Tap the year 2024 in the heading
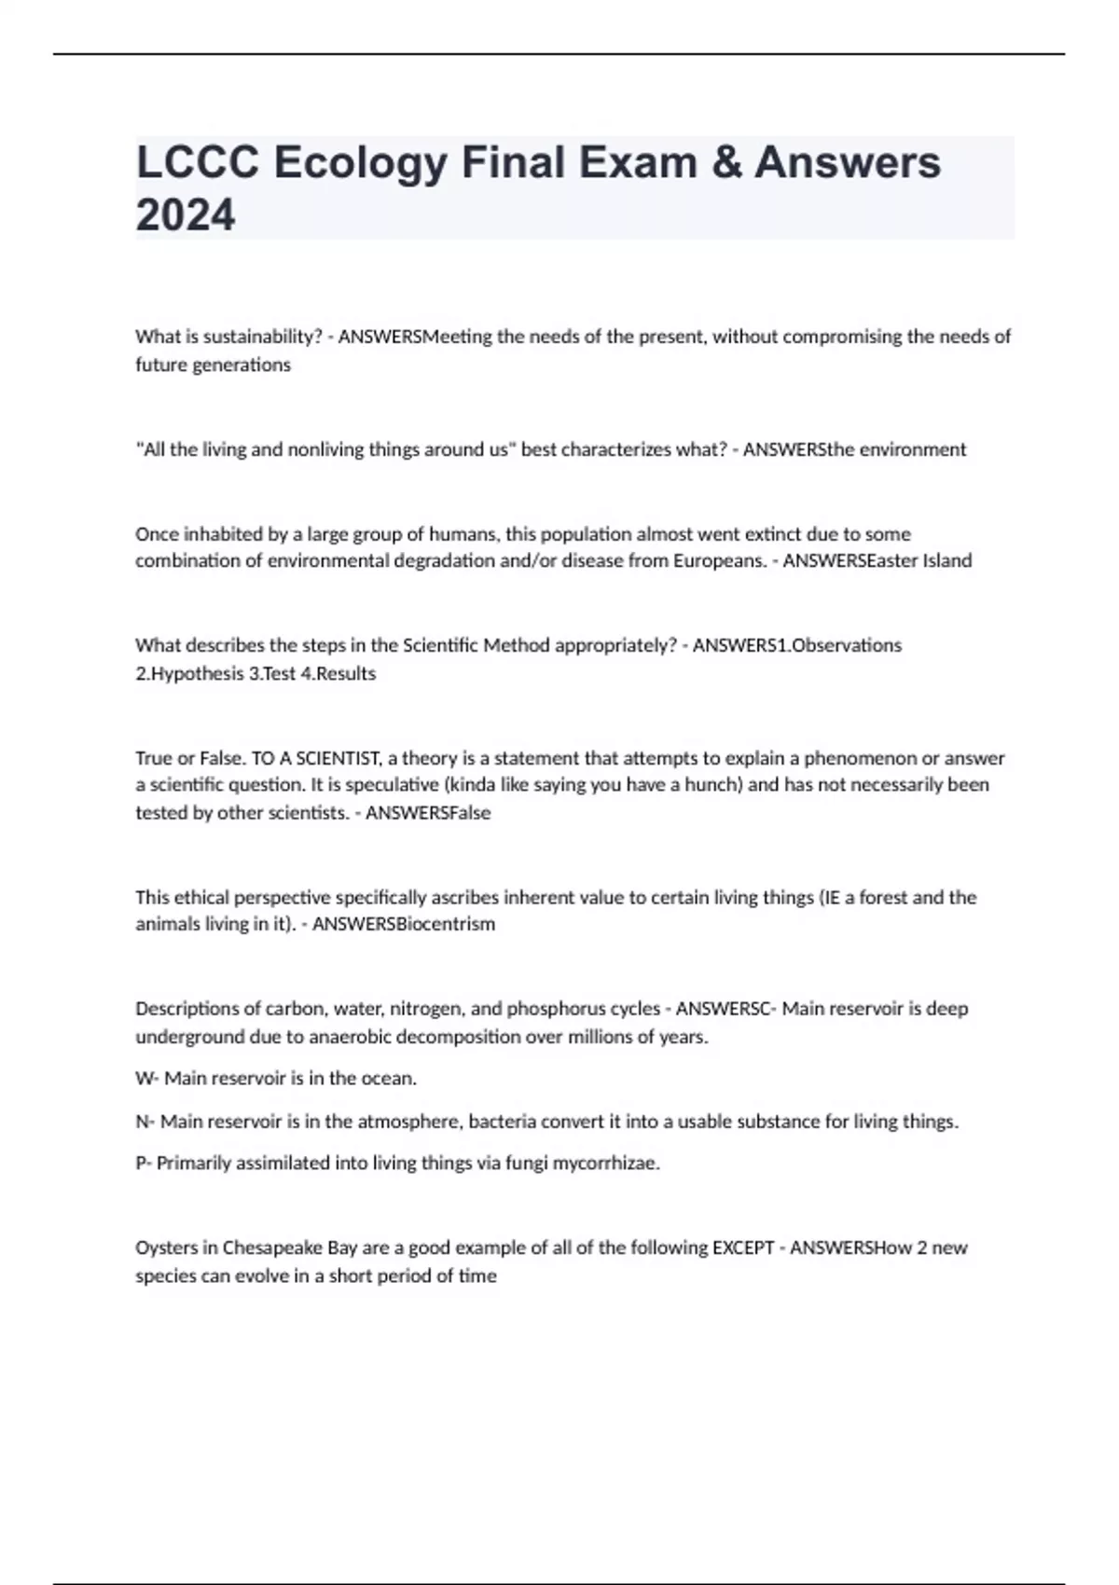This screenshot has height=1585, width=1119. coord(186,215)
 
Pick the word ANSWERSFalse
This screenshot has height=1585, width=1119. coord(428,812)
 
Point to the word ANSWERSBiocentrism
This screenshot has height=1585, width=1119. coord(404,924)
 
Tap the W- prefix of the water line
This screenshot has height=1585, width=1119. coord(146,1079)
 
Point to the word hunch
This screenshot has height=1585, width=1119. coord(712,785)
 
